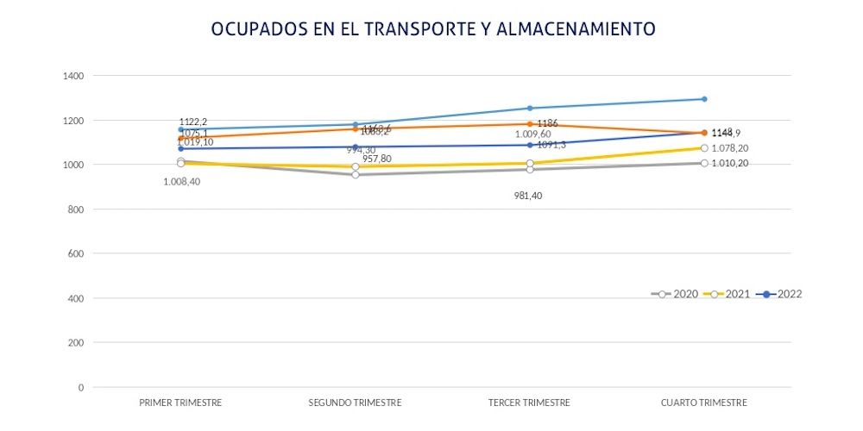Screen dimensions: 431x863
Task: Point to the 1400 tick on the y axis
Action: tap(73, 76)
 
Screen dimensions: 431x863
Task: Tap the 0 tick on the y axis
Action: tap(81, 387)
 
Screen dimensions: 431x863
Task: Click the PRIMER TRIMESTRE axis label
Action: tap(180, 403)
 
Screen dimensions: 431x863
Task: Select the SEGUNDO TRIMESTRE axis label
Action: tap(355, 403)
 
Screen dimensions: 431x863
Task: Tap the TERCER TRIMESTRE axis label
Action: tap(529, 403)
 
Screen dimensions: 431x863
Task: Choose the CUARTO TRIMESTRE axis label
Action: tap(703, 403)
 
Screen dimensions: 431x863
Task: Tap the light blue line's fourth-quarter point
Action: tap(704, 99)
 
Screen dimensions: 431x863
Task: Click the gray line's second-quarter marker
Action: tap(355, 175)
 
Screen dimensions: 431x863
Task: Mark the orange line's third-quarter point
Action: tap(529, 124)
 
